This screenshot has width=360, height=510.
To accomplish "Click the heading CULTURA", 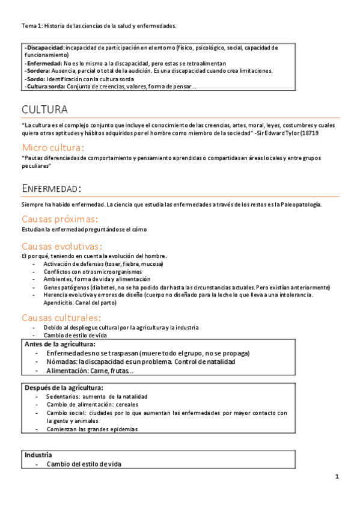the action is point(44,109).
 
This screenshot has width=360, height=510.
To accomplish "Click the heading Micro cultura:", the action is point(52,147).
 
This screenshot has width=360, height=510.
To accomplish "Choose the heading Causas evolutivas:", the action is point(62,246).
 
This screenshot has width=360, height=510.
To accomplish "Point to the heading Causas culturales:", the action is point(61,317).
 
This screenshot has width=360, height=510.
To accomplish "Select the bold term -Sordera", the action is point(37,70).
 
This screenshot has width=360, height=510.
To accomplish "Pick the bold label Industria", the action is point(38,455).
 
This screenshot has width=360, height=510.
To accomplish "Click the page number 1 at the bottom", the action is point(337,477).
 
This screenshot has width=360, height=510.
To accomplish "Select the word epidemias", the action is point(123,429).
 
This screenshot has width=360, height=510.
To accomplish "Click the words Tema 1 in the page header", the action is point(31,26).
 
